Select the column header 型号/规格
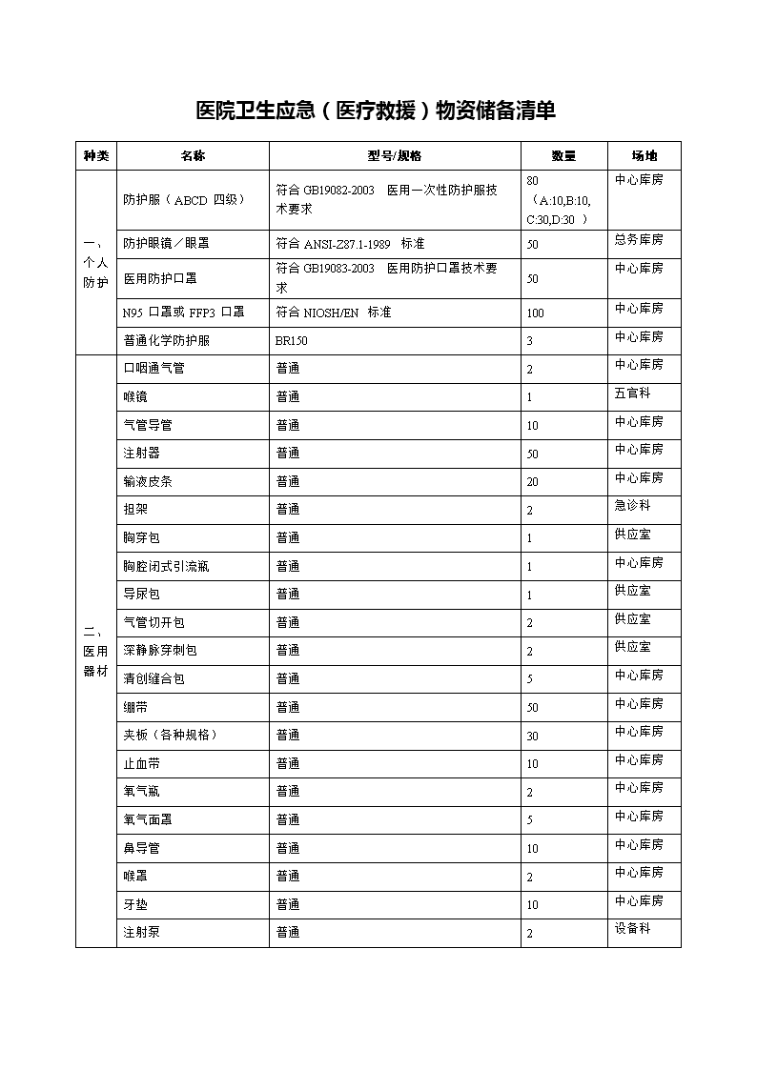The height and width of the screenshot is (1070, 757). pos(395,156)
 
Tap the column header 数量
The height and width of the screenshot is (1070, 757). pos(563,156)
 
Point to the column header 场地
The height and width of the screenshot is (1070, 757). pos(644,156)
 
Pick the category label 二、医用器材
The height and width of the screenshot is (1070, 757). pos(95,651)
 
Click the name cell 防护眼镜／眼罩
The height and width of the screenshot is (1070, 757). pos(166,243)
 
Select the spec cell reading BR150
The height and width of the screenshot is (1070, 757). pos(292,341)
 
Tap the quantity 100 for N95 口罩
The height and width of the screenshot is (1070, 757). pos(535,313)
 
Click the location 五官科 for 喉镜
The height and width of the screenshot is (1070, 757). pos(633,393)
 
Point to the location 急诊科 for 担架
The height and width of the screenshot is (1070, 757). pos(633,505)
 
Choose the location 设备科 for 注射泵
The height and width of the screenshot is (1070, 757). pos(633,928)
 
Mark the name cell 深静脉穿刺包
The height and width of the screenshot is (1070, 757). pos(160,651)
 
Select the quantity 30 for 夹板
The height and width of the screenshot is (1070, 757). pos(532,736)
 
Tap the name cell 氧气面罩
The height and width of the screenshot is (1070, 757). pos(148,819)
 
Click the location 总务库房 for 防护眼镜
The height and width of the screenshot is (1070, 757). pos(639,239)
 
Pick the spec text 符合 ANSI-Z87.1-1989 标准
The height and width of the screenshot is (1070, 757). pos(350,243)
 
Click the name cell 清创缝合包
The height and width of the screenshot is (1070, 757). pos(153,678)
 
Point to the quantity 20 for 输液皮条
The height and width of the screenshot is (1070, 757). pos(532,482)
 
